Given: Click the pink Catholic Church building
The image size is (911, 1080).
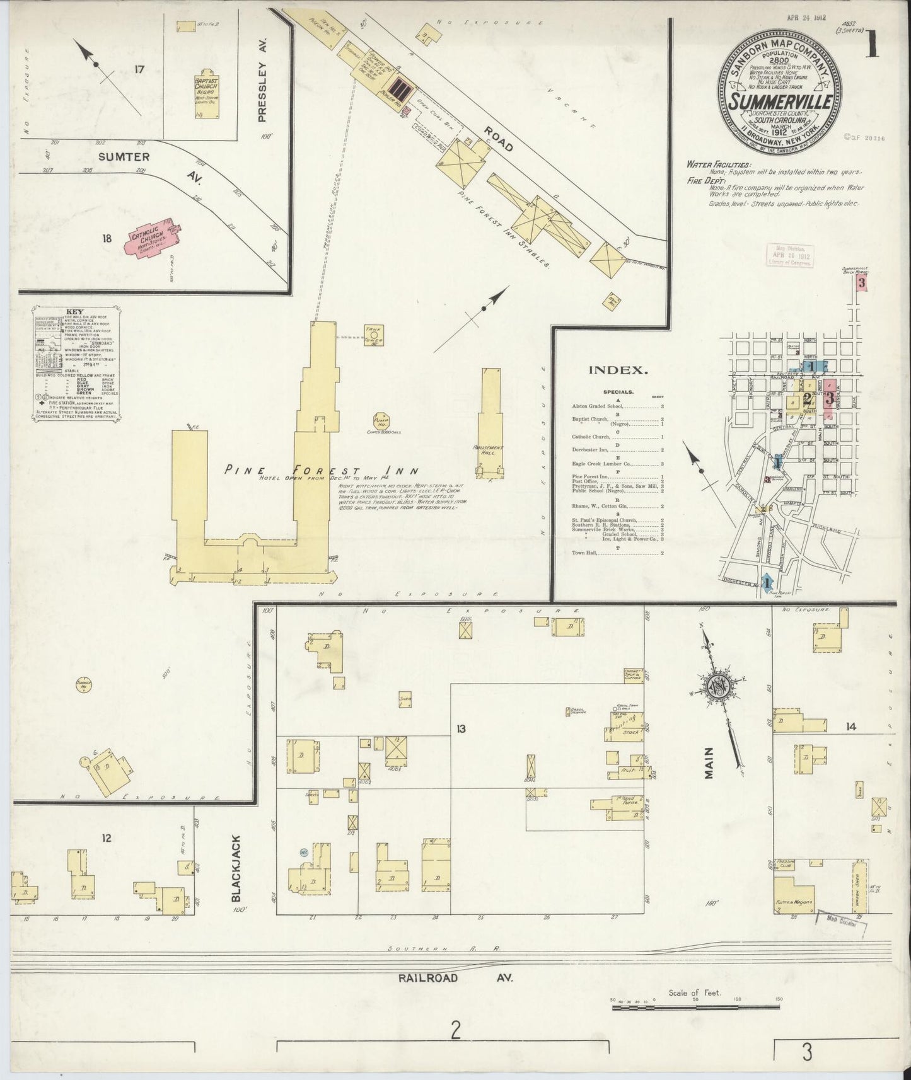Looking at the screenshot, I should point(152,239).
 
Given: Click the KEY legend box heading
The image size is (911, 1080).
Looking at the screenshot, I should point(74,312).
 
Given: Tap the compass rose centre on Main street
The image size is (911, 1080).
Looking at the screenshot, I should point(720,689).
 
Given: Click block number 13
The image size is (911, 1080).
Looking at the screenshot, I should point(461,729).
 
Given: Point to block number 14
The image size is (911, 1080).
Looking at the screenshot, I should point(851,727).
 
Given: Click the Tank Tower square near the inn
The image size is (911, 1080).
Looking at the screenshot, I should point(374,335).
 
